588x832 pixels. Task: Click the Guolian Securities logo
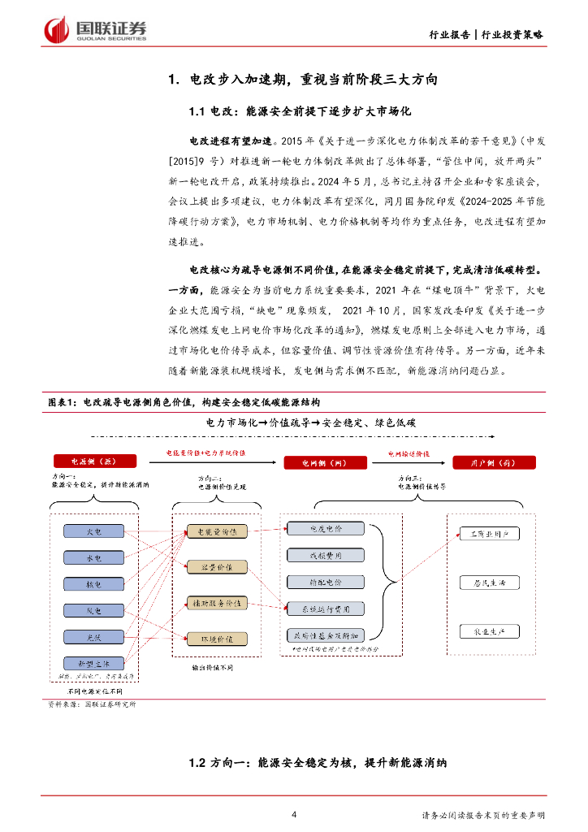[96, 31]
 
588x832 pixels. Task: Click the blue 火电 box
[94, 531]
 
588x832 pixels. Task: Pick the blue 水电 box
[94, 558]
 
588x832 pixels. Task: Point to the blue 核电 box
[94, 584]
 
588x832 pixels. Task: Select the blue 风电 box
[94, 610]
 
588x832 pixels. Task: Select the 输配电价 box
[325, 582]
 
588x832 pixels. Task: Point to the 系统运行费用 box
[325, 608]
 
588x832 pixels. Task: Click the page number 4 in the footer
[294, 814]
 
